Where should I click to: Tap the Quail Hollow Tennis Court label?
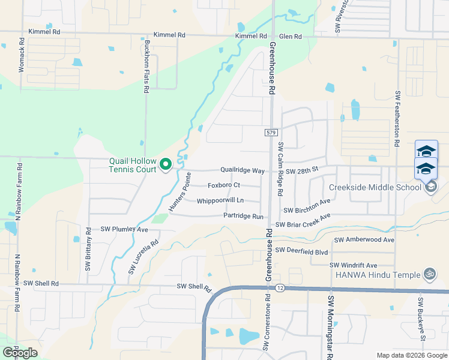[x=133, y=165]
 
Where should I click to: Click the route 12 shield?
[x=280, y=289]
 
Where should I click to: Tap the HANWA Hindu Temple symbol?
[x=429, y=274]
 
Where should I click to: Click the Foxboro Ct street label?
[x=223, y=185]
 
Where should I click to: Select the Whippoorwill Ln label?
[x=220, y=200]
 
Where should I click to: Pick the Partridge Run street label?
[x=243, y=216]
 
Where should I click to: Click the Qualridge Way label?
[x=243, y=171]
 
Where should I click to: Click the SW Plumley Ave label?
[x=124, y=229]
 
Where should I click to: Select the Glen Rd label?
[x=290, y=37]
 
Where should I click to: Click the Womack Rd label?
[x=22, y=56]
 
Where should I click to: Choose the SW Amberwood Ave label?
[x=364, y=240]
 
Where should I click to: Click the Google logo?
[x=20, y=353]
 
